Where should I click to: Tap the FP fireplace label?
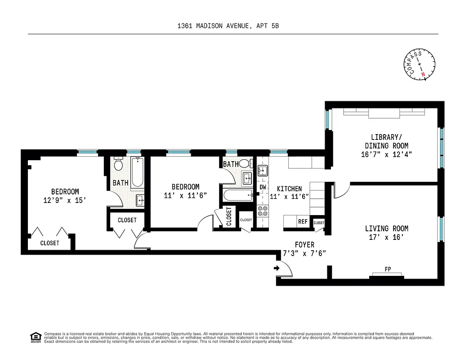click(387, 270)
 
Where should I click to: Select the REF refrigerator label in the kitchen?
click(303, 222)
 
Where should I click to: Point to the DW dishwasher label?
click(263, 187)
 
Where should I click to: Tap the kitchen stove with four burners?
click(263, 211)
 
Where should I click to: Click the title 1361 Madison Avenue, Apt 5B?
click(228, 26)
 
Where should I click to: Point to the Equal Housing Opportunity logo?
click(35, 337)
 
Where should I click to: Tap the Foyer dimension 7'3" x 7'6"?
click(304, 253)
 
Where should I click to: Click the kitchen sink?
click(263, 170)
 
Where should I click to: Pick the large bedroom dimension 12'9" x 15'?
click(65, 201)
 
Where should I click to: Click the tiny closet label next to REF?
click(319, 223)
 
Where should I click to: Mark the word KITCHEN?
click(289, 189)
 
